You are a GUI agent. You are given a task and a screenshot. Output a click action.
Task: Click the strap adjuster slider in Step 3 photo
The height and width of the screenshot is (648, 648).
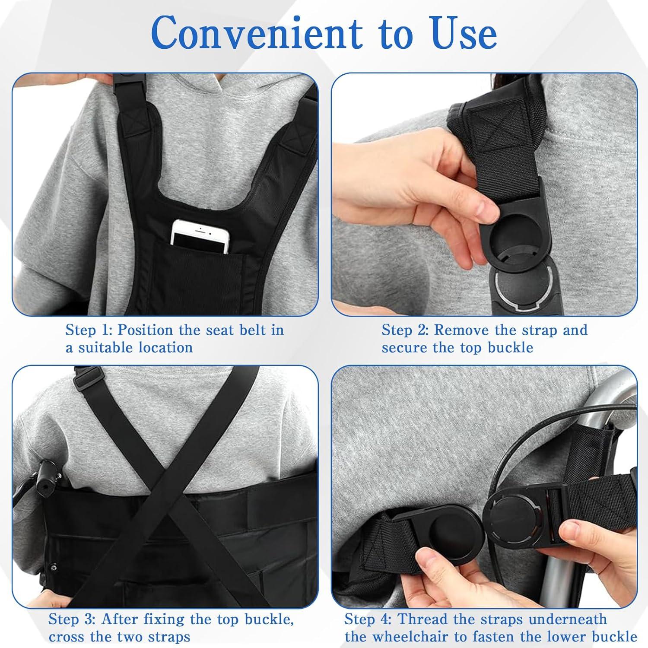pos(85,378)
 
